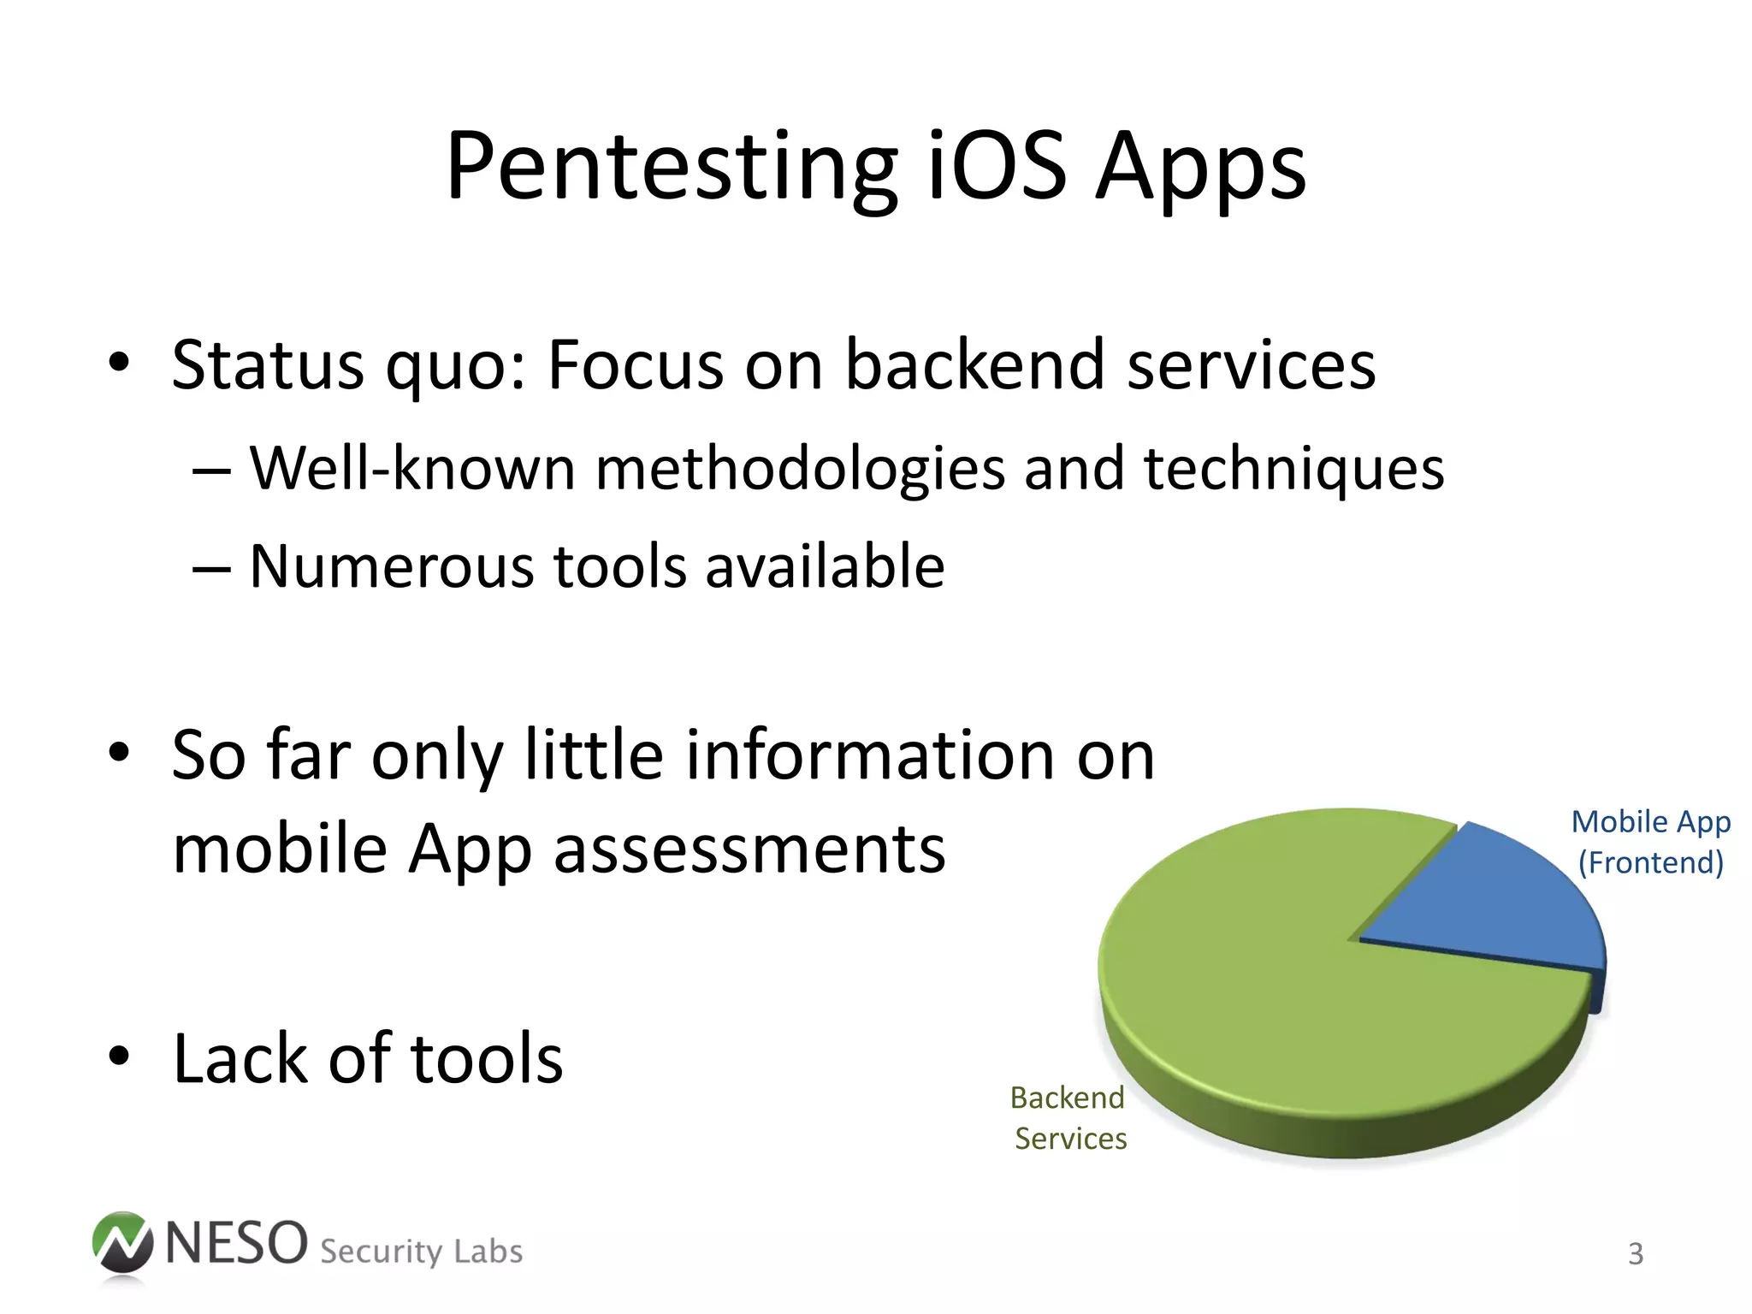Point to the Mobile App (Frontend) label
(x=1650, y=842)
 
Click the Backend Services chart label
(x=1068, y=1118)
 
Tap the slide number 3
(x=1635, y=1253)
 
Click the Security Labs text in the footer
(x=421, y=1252)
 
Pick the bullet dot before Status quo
(x=119, y=363)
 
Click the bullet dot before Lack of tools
(x=119, y=1057)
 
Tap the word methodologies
(x=800, y=471)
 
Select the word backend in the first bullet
(x=975, y=365)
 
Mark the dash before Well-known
(x=211, y=471)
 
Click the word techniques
(x=1293, y=471)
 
